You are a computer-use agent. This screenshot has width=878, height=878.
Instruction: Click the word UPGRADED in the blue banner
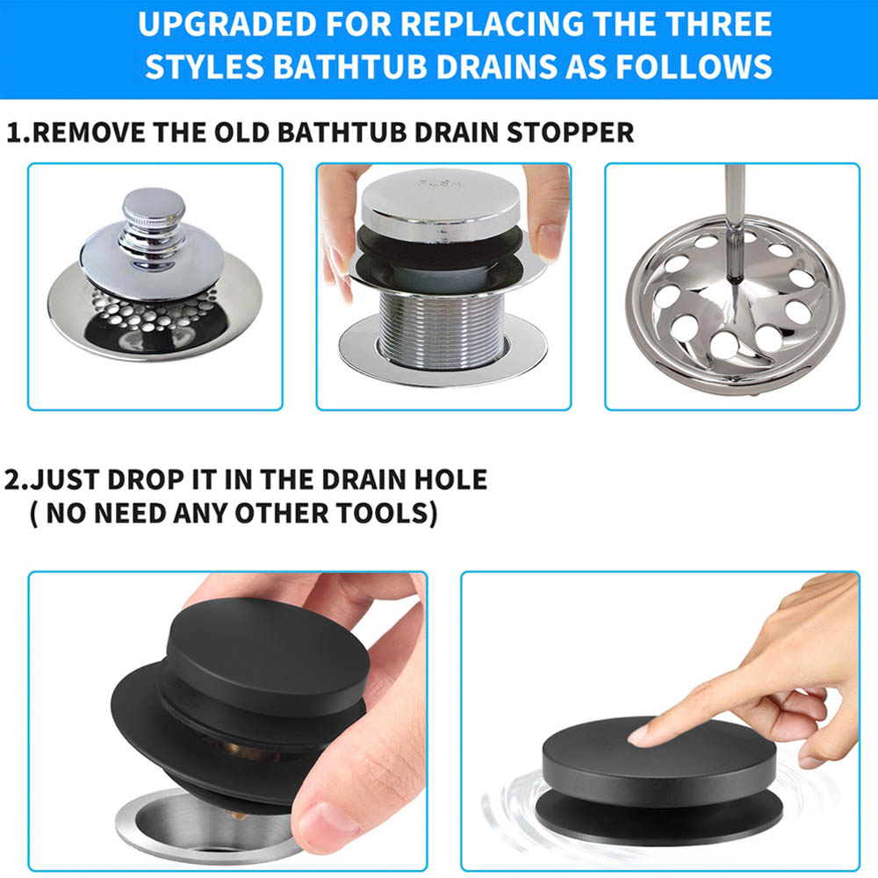coord(228,24)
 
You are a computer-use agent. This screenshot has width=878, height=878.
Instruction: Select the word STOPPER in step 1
coord(570,133)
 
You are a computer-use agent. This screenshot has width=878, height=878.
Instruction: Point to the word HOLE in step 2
coord(450,480)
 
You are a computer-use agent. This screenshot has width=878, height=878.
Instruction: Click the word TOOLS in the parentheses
coord(385,514)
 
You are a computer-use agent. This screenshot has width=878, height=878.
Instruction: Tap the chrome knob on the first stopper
coord(153,227)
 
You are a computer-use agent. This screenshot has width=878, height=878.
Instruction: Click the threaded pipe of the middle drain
coord(442,330)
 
